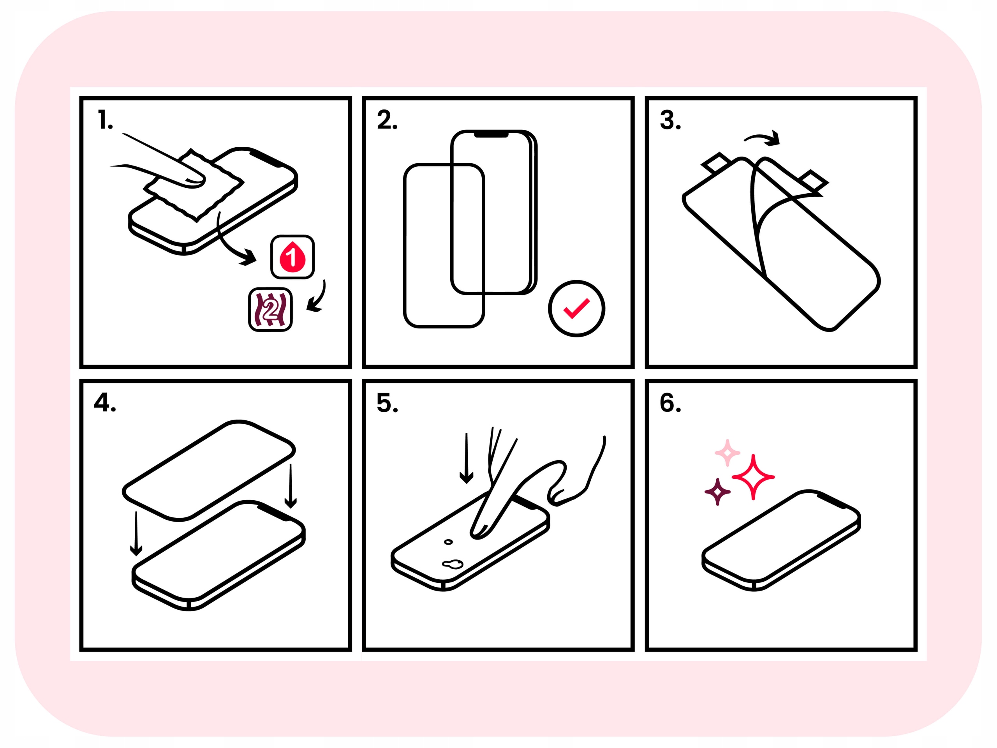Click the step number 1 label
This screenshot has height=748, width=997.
pos(105,120)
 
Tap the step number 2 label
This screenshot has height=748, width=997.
pos(387,120)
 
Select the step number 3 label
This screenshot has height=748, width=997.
pos(670,120)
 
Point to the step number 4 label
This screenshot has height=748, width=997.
pos(104,402)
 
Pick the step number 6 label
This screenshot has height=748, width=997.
pos(670,402)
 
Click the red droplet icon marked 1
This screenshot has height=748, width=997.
pos(292,257)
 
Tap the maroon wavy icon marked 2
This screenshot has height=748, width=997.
pos(270,309)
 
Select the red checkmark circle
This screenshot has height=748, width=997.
pos(576,309)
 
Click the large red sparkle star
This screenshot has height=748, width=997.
pos(753,477)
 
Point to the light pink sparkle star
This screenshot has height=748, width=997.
pos(727,453)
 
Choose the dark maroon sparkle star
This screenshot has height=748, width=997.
pos(717,492)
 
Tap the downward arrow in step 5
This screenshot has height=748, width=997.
pos(467,458)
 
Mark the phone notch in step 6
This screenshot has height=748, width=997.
pos(832,501)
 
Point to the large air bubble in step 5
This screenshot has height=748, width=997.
pos(453,564)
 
